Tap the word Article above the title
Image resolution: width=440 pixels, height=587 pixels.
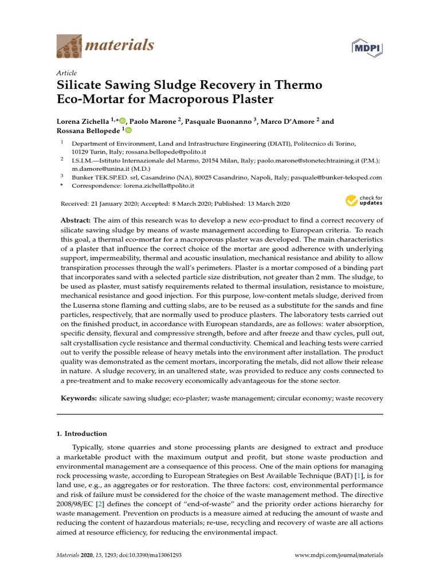67,73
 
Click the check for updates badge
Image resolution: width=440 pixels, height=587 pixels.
363,201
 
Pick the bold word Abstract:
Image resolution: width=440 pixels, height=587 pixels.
76,221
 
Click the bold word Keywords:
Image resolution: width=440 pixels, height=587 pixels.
78,397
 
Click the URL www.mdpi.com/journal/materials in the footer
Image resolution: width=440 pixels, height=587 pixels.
339,555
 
